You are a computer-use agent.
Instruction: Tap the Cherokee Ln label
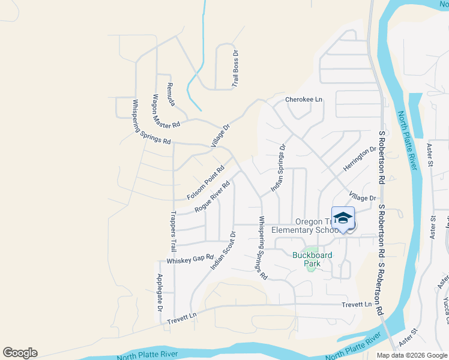(304, 99)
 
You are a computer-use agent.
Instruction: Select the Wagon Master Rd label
(166, 112)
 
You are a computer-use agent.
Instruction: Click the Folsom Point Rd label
(205, 182)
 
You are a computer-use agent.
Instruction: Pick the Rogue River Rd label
(212, 197)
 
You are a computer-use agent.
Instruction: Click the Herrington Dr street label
(360, 158)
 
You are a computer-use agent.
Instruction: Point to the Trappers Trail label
(173, 232)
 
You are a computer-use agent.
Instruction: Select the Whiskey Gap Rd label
(190, 259)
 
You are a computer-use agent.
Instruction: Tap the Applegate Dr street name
(160, 293)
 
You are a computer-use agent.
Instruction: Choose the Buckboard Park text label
(312, 259)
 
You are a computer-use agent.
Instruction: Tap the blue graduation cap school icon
(343, 218)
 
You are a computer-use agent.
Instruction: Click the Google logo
(20, 353)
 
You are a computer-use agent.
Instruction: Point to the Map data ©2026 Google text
(412, 355)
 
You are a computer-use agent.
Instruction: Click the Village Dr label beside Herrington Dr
(362, 197)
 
